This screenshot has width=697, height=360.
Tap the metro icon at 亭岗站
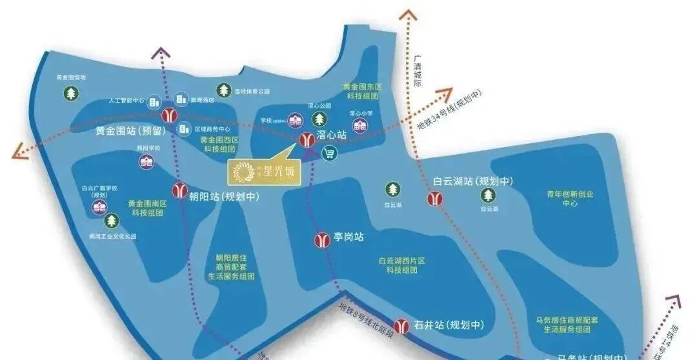[321, 239]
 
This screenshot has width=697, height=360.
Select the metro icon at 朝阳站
[179, 191]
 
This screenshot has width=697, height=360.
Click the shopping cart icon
[330, 154]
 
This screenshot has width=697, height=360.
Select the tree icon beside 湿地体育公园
[223, 91]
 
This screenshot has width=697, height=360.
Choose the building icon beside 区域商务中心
[184, 128]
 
